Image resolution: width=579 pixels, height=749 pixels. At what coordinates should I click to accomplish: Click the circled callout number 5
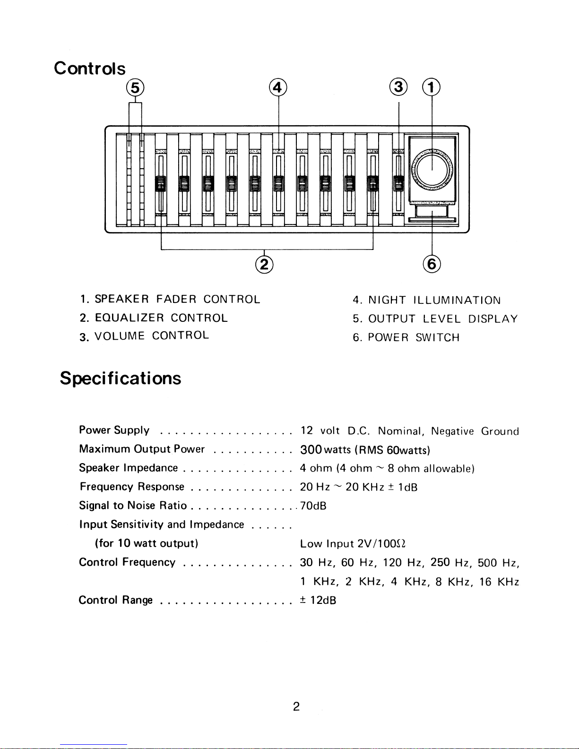(135, 88)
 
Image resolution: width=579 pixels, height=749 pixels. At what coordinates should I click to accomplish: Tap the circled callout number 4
(278, 88)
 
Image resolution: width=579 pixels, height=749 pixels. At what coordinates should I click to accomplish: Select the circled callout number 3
(399, 88)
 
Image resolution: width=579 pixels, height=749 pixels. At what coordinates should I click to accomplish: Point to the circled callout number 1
(431, 88)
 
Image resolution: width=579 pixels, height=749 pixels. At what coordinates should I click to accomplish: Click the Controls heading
(90, 69)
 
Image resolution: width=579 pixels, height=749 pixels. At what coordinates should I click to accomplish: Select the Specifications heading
(121, 379)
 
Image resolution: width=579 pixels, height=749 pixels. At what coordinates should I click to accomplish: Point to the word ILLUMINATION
(457, 301)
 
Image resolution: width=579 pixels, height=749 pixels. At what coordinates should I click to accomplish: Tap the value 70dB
(313, 506)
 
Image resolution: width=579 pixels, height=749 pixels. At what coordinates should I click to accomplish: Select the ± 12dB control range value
(318, 601)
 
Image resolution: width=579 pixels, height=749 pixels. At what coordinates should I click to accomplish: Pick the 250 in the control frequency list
(440, 562)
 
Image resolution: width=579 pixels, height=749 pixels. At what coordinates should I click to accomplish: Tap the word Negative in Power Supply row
(452, 431)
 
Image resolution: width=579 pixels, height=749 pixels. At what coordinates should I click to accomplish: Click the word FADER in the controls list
(176, 300)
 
